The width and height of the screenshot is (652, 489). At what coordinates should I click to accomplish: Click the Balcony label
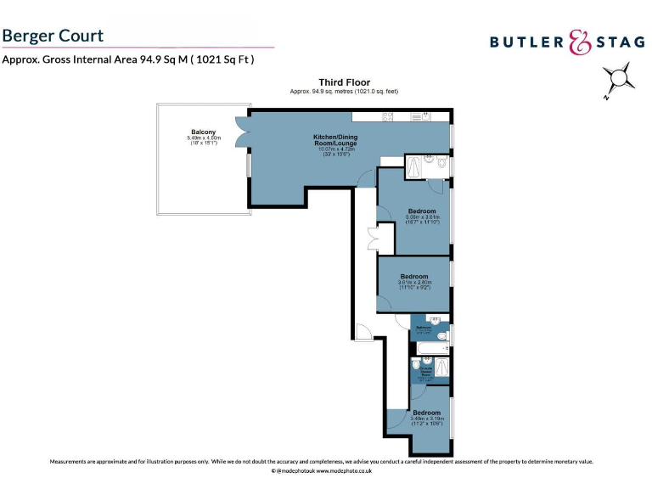203,132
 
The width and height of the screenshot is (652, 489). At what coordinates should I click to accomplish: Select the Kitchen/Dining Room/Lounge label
335,140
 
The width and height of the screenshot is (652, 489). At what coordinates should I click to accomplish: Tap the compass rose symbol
621,80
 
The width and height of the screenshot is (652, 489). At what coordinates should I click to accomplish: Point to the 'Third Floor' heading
344,82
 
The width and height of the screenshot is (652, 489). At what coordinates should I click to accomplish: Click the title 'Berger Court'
53,36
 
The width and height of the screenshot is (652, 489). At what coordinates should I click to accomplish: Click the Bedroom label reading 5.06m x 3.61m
422,211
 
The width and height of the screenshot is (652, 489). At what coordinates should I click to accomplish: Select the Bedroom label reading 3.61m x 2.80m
414,277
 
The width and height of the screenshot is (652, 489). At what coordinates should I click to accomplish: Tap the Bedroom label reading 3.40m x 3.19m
426,413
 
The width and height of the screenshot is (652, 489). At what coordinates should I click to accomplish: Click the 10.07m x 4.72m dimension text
334,149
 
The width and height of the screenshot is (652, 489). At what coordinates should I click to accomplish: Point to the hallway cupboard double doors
373,239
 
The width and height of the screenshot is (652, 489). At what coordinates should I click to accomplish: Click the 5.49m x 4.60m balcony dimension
204,138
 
